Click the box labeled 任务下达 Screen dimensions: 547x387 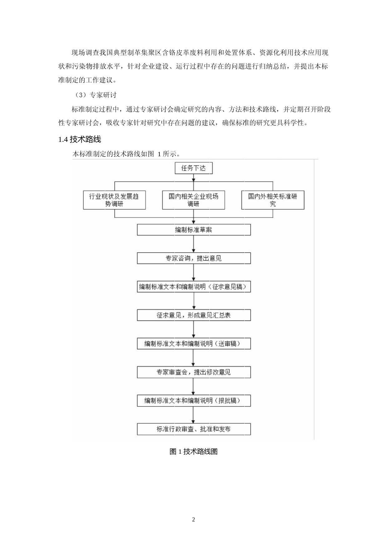click(x=193, y=168)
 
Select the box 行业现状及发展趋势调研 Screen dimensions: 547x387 click(x=114, y=200)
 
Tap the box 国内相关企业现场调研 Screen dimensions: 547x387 click(x=193, y=200)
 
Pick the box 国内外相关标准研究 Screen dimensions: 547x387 click(x=273, y=200)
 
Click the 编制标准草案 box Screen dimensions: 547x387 click(x=194, y=230)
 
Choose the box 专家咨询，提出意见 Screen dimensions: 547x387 click(x=194, y=258)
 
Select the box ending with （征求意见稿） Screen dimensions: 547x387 click(x=194, y=287)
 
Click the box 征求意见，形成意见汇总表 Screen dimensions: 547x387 click(x=194, y=315)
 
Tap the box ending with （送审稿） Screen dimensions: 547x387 click(x=194, y=343)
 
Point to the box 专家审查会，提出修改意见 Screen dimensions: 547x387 click(x=194, y=372)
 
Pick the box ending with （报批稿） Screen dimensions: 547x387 click(x=194, y=400)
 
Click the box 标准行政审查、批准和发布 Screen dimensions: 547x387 click(x=194, y=429)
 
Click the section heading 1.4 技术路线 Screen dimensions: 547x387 click(x=80, y=139)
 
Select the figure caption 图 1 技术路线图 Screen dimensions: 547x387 click(x=193, y=451)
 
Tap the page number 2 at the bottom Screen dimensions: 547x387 click(x=193, y=519)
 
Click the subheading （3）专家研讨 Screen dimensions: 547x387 click(x=96, y=95)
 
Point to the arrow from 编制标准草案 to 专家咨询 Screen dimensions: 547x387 click(x=194, y=244)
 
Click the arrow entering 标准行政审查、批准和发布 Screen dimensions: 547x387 click(x=193, y=414)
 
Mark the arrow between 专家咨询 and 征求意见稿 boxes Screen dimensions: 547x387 click(x=194, y=272)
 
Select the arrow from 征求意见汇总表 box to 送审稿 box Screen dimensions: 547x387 click(x=194, y=329)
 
